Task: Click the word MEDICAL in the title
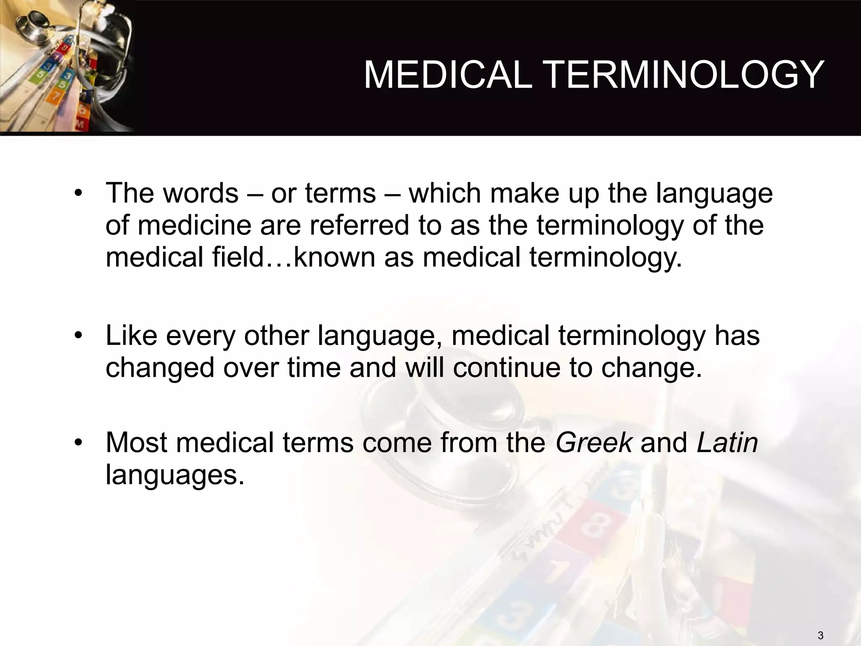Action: point(447,75)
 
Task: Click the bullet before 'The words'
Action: point(77,194)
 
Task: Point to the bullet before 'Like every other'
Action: point(77,336)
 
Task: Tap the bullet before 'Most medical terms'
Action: point(77,443)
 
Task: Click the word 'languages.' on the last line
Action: point(175,476)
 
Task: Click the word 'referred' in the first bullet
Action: point(359,225)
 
